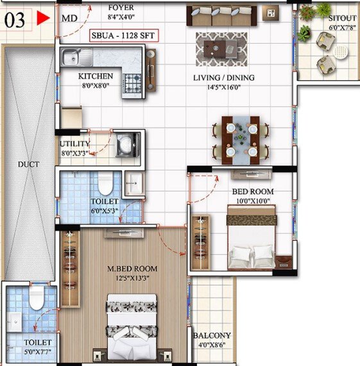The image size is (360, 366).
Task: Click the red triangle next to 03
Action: pos(43,18)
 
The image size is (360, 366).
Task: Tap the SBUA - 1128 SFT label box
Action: pos(124,35)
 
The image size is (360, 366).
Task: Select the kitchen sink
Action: pos(77,57)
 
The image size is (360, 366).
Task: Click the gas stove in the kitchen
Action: pos(132,83)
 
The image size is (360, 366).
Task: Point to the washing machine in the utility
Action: pos(128,145)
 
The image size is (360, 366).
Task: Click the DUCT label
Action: pos(28,164)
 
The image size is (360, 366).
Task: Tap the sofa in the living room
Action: pos(221,15)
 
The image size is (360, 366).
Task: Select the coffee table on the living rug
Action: pos(220,49)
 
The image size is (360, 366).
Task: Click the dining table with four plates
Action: pos(241,140)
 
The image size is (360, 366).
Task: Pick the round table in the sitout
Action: pos(340,52)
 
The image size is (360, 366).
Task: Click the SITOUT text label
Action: pos(343,18)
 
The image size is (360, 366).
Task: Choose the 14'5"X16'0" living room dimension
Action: pos(224,87)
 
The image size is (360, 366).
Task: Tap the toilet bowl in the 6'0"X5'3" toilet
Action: pos(105,183)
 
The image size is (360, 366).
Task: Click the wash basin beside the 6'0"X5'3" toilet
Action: pos(134,184)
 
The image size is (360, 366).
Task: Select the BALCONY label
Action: pos(212,335)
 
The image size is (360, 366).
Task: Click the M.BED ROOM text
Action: pos(132,269)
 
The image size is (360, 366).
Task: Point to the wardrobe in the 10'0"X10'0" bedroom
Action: pos(201,242)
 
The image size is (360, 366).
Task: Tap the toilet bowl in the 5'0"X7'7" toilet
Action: pos(37,298)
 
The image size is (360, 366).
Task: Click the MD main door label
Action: pos(69,19)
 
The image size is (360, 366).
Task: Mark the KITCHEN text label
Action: pos(96,76)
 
